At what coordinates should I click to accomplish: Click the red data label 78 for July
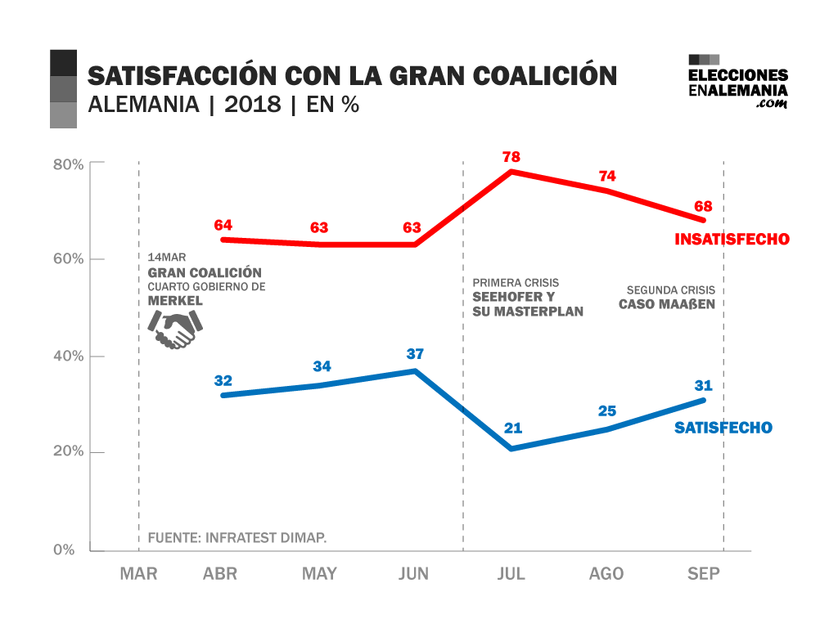click(x=512, y=156)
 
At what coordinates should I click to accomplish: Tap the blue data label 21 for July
click(x=513, y=427)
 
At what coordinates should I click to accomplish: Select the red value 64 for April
click(x=223, y=224)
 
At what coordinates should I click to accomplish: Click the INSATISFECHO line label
click(x=732, y=240)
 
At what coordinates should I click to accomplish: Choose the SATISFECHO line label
click(x=723, y=428)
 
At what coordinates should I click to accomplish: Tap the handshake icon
click(x=174, y=330)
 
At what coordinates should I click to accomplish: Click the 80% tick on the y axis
click(x=69, y=164)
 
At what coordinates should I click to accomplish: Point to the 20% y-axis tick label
click(x=69, y=452)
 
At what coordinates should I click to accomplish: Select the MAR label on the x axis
click(x=138, y=574)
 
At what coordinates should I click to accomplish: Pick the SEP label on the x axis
click(x=704, y=574)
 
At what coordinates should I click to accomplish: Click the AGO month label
click(x=606, y=574)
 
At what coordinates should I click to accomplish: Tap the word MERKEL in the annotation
click(x=174, y=301)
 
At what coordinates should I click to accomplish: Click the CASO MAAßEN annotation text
click(x=667, y=304)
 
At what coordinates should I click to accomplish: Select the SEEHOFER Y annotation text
click(x=513, y=297)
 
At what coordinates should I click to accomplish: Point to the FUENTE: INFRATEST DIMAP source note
click(x=237, y=537)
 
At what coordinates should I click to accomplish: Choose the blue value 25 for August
click(x=606, y=410)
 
